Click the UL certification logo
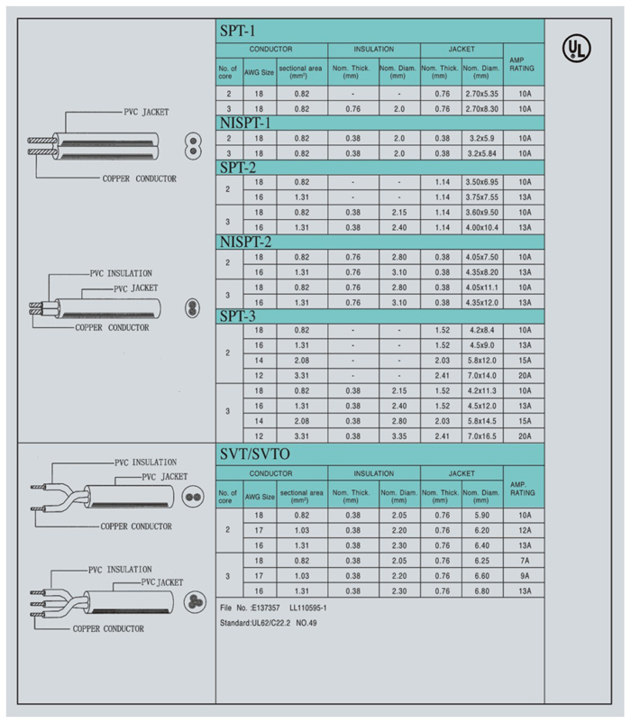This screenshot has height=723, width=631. (x=577, y=49)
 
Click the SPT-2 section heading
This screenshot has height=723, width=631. (x=240, y=167)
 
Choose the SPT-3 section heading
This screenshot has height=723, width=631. (x=240, y=316)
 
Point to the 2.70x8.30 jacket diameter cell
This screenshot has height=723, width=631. (x=480, y=108)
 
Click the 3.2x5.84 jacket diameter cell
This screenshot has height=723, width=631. (x=480, y=153)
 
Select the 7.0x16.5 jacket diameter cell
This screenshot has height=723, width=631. (x=480, y=435)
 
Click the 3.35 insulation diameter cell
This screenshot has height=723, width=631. (x=398, y=435)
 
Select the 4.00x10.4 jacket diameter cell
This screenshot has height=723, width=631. (x=480, y=227)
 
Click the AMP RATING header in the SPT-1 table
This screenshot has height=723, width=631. (x=523, y=62)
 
